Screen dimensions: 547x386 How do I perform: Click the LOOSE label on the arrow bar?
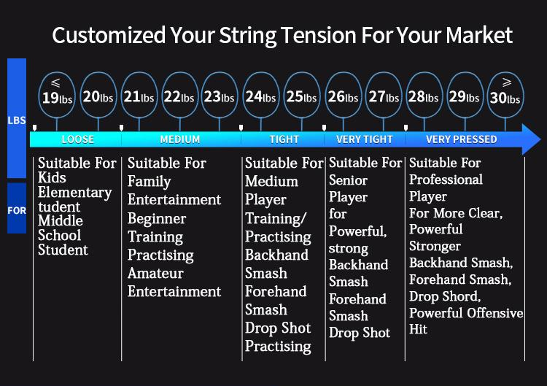pos(78,139)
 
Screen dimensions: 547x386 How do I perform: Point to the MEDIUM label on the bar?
pos(180,139)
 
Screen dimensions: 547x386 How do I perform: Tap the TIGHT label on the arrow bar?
pos(284,139)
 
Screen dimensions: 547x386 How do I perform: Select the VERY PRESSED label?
pos(461,139)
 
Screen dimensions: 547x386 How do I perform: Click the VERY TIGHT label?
pos(365,139)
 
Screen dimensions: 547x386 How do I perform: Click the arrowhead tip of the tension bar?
pos(541,139)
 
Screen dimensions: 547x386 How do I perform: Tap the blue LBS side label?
pos(17,120)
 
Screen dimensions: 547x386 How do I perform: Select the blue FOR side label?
pos(17,210)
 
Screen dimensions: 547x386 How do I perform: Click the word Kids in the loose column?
pos(52,177)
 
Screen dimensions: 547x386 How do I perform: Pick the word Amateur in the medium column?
pos(155,273)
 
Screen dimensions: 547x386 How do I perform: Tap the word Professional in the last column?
pos(446,180)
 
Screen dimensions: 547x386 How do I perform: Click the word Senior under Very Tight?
pos(348,180)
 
